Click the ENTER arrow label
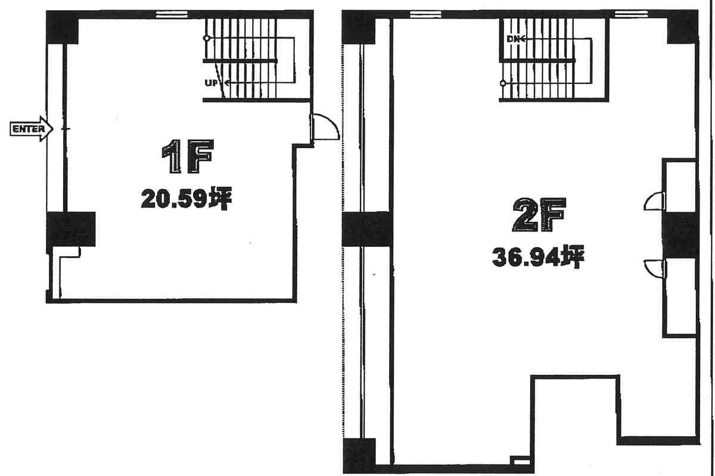click(x=31, y=129)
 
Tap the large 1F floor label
click(x=187, y=156)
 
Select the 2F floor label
click(x=539, y=215)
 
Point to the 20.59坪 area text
click(x=186, y=198)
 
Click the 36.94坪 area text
click(x=539, y=256)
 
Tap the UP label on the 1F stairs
click(x=211, y=83)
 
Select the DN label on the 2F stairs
click(x=512, y=39)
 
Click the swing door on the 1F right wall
click(x=325, y=127)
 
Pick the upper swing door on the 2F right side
click(x=655, y=201)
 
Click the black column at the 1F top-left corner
click(x=62, y=27)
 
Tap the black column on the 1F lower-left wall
click(x=71, y=229)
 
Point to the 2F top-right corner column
click(x=682, y=27)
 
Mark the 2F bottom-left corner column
click(x=359, y=456)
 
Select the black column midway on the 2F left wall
click(x=367, y=229)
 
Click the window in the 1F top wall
click(x=172, y=14)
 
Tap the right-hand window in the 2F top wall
click(x=632, y=14)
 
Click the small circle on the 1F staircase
click(x=207, y=38)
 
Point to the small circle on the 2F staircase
click(x=503, y=83)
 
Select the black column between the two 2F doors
click(x=680, y=234)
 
